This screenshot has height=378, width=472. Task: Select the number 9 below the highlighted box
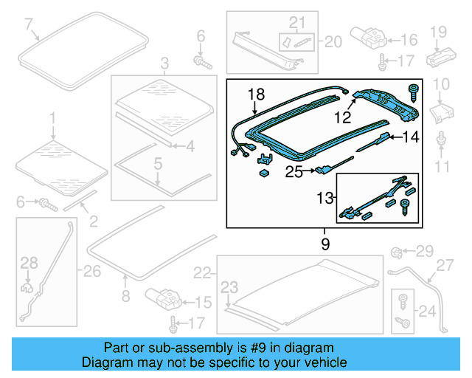point(324,243)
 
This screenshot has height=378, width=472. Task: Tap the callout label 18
point(255,94)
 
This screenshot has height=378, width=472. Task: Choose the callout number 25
point(294,172)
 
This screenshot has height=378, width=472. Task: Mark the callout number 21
point(296,22)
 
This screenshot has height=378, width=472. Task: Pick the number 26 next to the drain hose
point(91,272)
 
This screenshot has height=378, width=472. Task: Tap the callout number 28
point(28,262)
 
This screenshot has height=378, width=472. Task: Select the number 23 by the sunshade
point(230,286)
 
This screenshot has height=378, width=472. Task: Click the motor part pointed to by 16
point(367,36)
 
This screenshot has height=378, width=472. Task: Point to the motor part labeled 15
point(164,299)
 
